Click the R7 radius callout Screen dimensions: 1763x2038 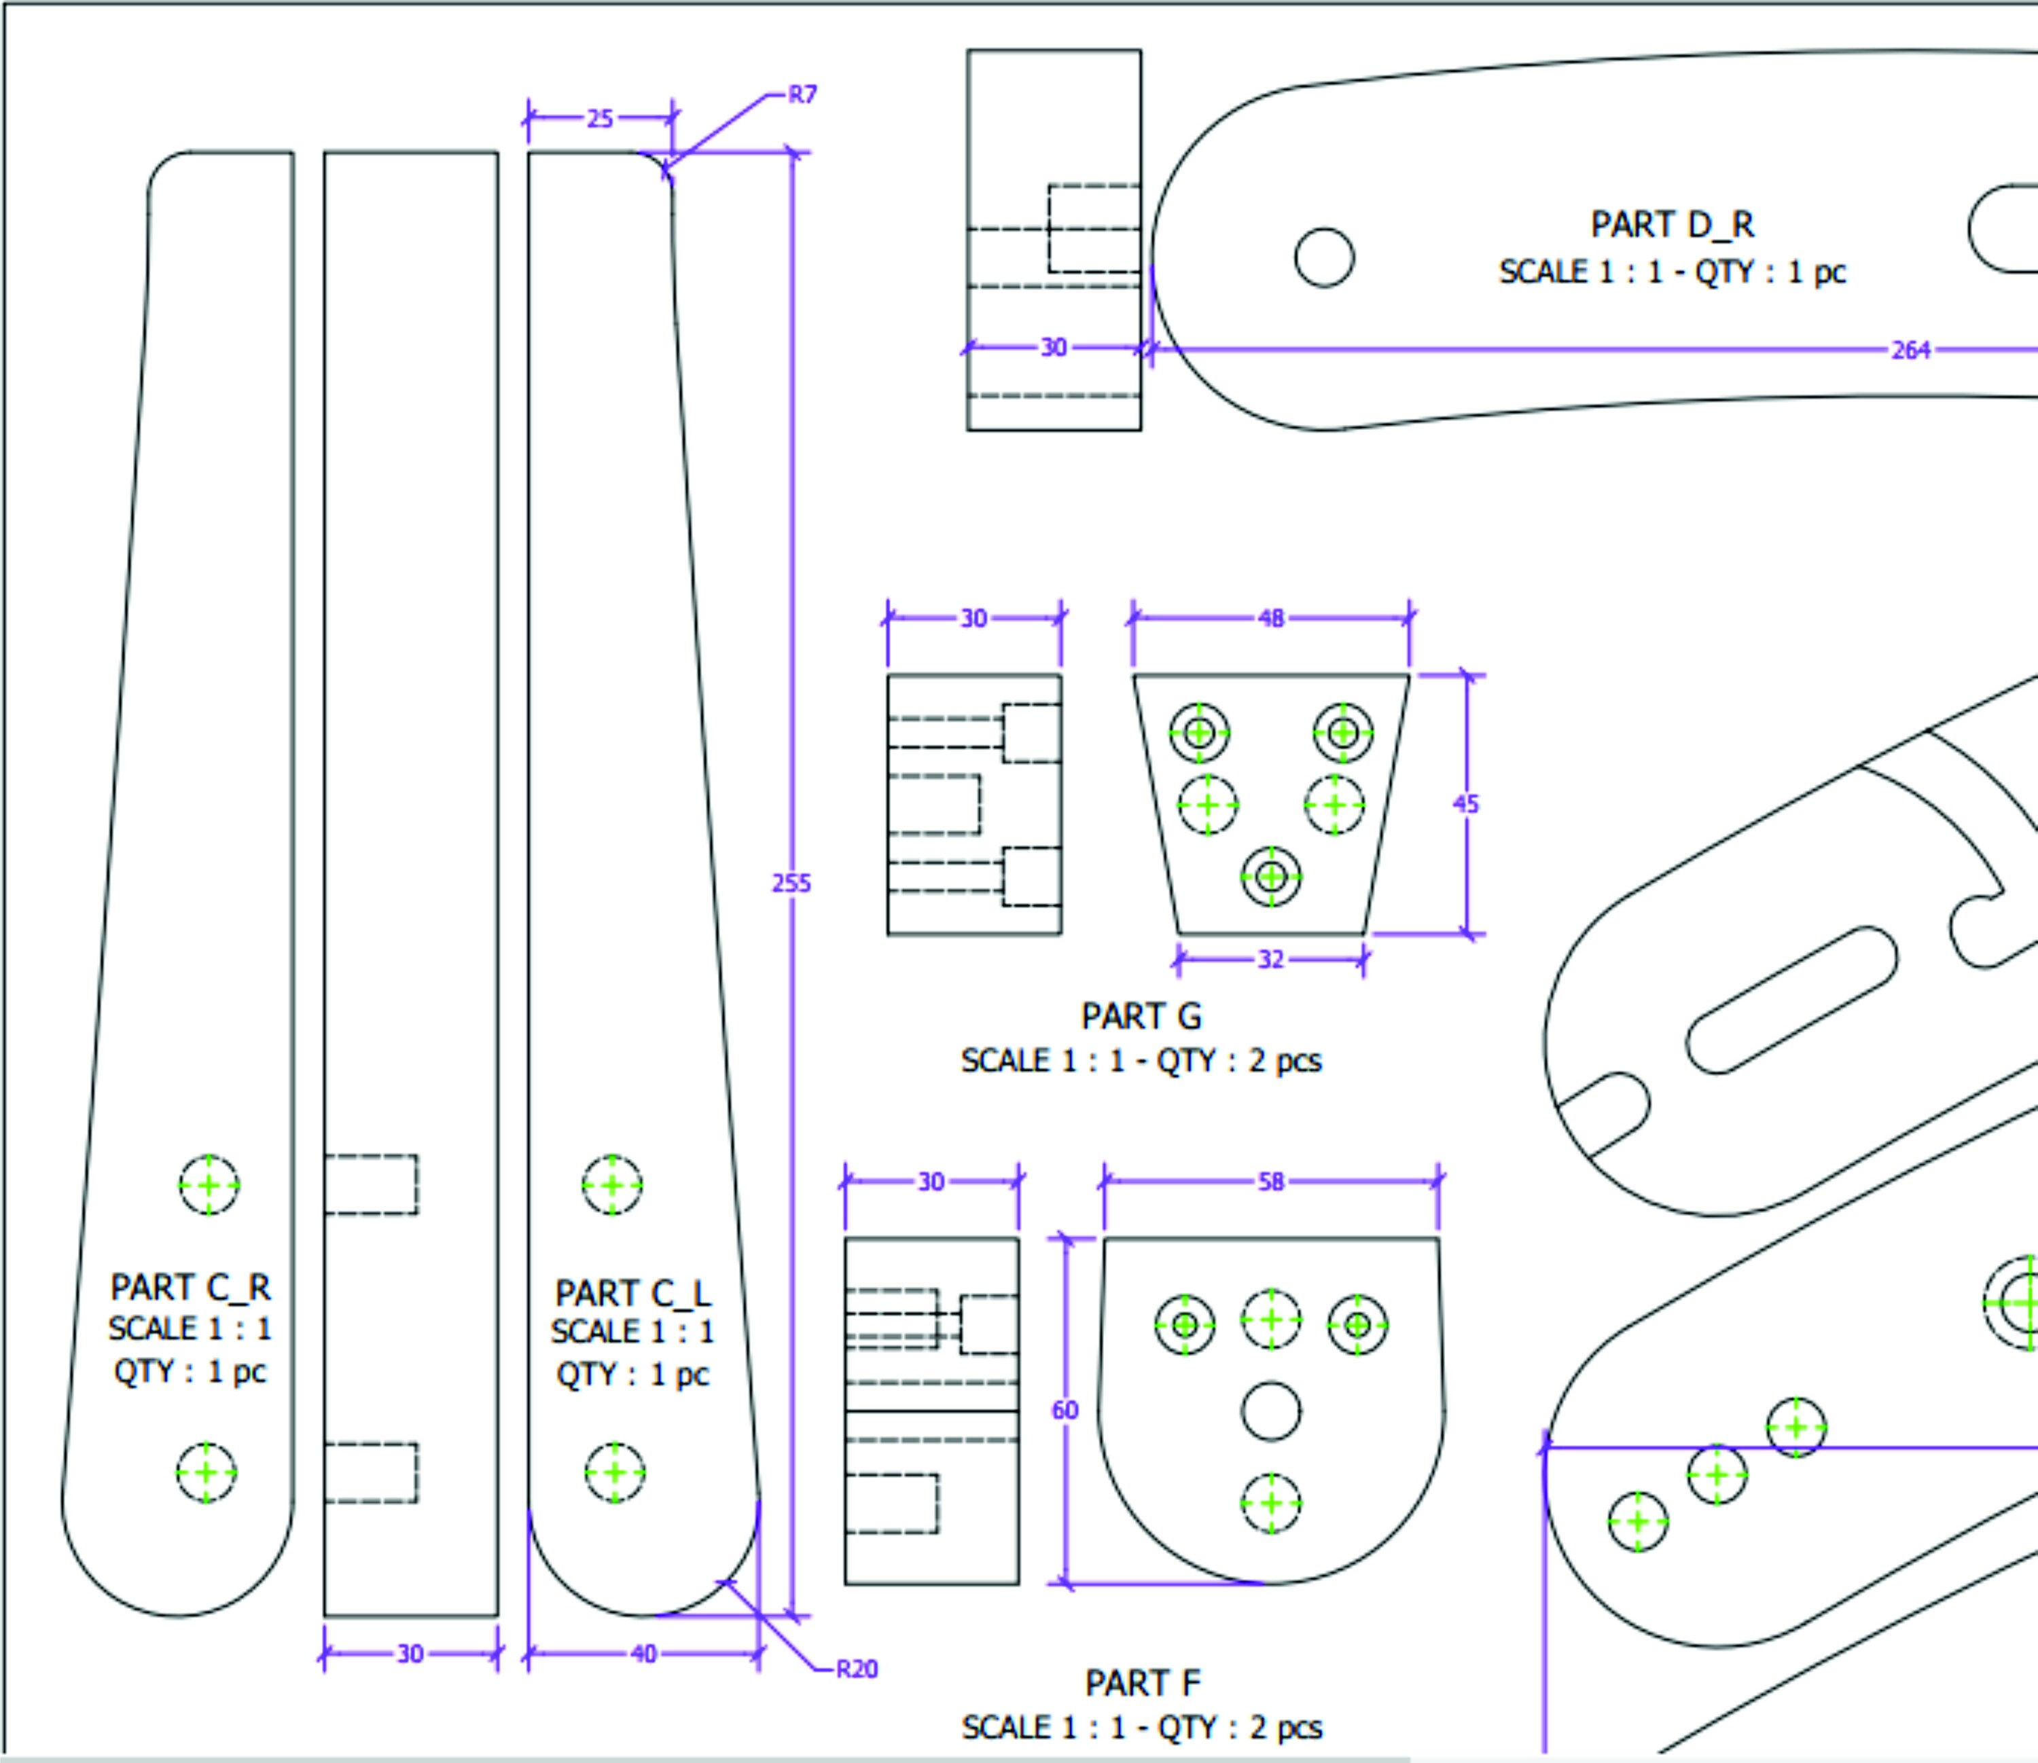[x=802, y=96]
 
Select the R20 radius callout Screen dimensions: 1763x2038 [x=856, y=1669]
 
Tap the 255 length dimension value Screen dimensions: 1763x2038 [x=791, y=884]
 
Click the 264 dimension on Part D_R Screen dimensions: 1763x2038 [x=1910, y=350]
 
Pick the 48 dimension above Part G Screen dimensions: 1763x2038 [x=1270, y=619]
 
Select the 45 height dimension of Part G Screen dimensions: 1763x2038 [x=1465, y=804]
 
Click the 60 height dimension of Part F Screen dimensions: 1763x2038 [x=1065, y=1411]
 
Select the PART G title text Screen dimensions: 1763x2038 [x=1141, y=1016]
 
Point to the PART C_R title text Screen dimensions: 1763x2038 [x=190, y=1287]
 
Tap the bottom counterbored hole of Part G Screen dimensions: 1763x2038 [x=1270, y=875]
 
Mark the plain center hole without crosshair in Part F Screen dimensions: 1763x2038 [x=1270, y=1411]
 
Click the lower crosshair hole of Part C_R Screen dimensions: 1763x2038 [x=207, y=1473]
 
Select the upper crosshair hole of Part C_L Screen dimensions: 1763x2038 [x=612, y=1186]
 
